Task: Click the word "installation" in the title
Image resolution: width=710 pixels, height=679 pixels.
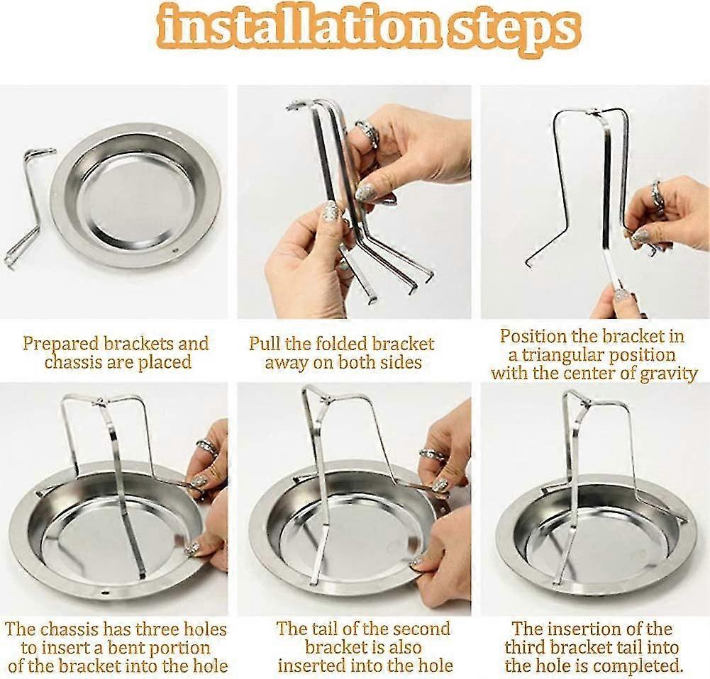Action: [x=299, y=28]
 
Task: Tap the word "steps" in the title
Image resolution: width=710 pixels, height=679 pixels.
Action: [x=512, y=30]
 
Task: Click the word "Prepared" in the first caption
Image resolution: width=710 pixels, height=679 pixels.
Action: [x=61, y=344]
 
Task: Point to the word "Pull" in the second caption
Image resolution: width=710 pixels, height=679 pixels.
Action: [x=264, y=344]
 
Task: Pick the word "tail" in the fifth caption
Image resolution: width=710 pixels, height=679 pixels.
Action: [x=328, y=629]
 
